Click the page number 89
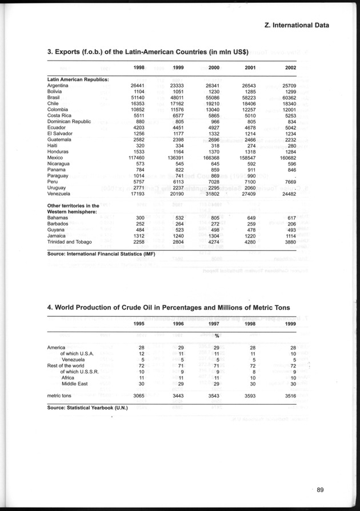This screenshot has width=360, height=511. [x=325, y=489]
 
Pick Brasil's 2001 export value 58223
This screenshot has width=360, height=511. [x=249, y=98]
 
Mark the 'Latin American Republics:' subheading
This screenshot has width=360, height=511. [x=78, y=79]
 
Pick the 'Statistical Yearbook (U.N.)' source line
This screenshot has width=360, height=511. [x=87, y=408]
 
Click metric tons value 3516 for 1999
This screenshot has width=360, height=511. [x=288, y=395]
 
